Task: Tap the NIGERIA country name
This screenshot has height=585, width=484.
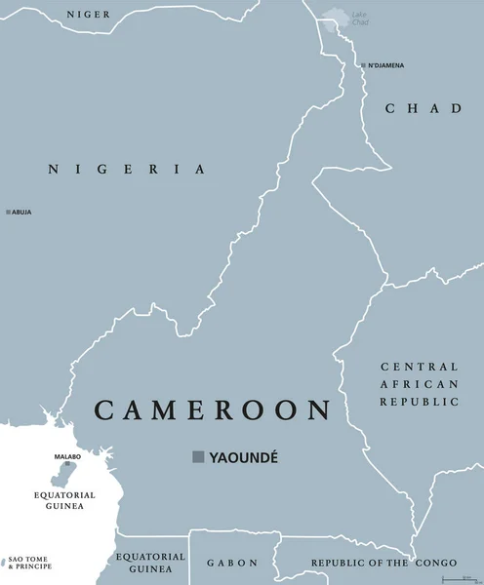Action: tap(127, 169)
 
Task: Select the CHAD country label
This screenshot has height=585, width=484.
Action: tap(423, 108)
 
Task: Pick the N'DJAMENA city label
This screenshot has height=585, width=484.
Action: tap(386, 65)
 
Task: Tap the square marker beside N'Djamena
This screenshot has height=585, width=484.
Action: tap(363, 65)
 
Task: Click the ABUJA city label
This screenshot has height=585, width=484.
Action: tap(21, 212)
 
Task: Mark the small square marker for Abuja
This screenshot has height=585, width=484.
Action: tap(8, 212)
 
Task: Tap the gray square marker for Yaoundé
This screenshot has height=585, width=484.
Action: tap(198, 456)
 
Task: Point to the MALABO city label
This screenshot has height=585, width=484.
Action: tap(66, 454)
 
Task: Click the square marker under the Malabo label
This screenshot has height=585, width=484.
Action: tap(67, 464)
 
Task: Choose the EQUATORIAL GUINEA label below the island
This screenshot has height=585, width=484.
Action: tap(66, 501)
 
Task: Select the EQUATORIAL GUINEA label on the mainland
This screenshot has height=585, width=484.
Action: tap(150, 562)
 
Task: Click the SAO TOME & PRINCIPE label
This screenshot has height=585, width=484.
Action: tap(29, 563)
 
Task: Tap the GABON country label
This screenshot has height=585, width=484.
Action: tap(231, 563)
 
